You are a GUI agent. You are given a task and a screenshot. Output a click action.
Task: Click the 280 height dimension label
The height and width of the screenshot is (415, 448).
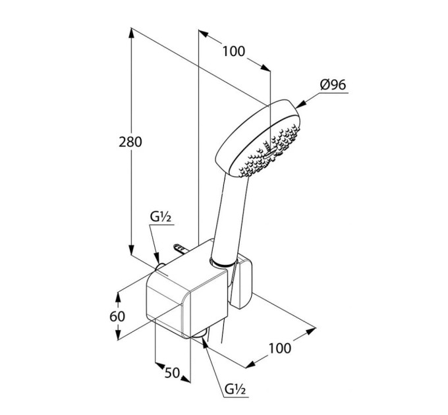(x=130, y=142)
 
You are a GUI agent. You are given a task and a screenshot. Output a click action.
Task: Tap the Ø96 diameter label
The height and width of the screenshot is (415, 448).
(x=333, y=84)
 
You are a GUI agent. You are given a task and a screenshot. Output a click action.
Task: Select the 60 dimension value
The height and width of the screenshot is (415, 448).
(x=117, y=316)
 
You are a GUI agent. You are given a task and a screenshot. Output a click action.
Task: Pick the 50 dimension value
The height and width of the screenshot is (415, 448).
(x=173, y=373)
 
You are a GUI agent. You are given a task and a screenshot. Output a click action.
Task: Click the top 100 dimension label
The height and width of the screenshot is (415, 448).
(x=234, y=51)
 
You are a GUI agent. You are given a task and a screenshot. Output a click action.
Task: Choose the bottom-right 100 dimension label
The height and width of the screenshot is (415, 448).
(x=280, y=348)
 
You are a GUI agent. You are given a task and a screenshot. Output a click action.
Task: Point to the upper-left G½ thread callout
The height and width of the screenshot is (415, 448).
(x=161, y=217)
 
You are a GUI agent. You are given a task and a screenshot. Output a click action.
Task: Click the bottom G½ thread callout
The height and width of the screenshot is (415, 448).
(x=235, y=389)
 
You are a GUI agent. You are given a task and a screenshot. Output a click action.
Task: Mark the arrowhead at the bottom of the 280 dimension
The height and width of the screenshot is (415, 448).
(x=131, y=250)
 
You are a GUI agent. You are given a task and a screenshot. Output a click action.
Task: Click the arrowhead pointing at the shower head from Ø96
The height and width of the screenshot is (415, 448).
(x=301, y=105)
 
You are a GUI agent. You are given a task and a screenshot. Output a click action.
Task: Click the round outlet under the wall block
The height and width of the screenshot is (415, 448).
(x=200, y=334)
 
